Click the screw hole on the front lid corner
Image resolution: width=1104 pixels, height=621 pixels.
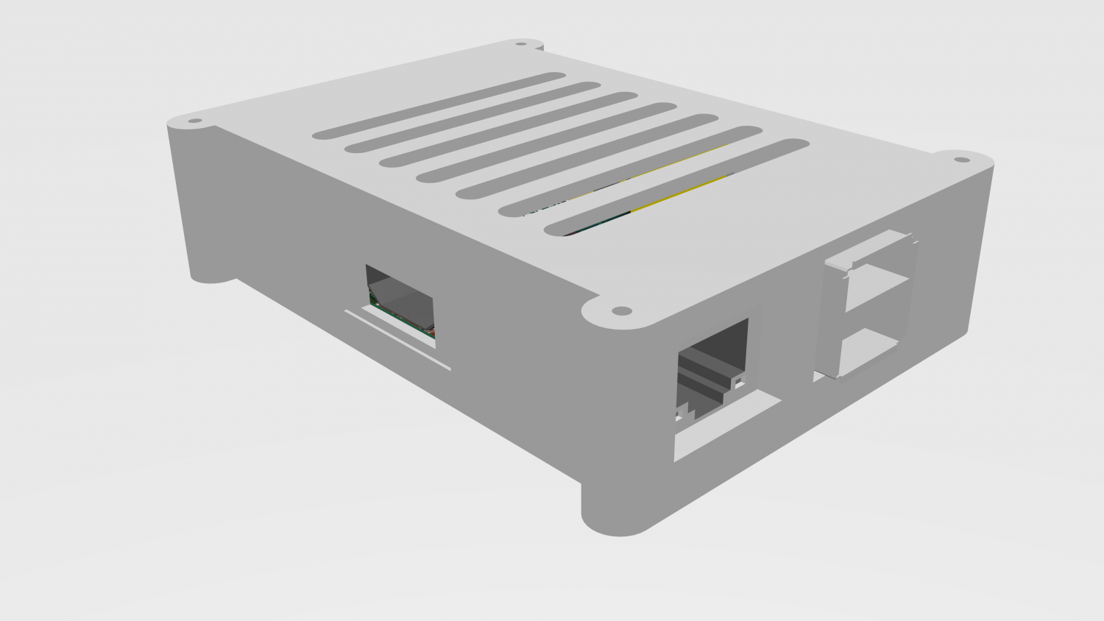click(x=622, y=310)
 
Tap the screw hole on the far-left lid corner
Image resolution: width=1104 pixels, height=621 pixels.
click(x=195, y=121)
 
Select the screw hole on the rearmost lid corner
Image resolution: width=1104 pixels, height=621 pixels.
click(x=521, y=44)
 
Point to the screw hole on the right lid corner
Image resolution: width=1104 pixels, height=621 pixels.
click(x=962, y=160)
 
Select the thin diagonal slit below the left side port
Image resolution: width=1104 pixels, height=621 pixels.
click(x=397, y=340)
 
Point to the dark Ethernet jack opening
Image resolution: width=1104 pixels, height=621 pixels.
click(x=712, y=361)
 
